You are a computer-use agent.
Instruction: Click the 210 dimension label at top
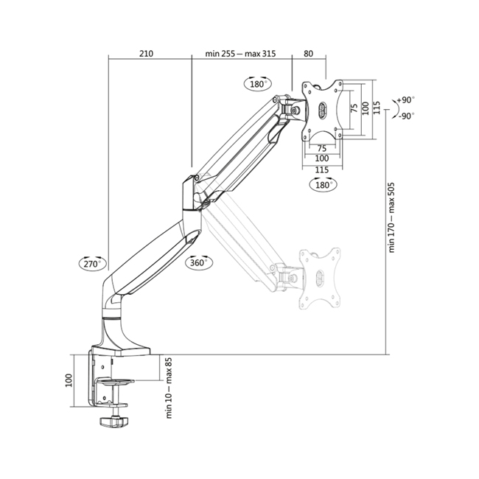pyautogui.click(x=146, y=54)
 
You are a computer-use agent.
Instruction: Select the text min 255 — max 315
pyautogui.click(x=240, y=54)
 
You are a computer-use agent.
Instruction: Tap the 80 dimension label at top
pyautogui.click(x=308, y=54)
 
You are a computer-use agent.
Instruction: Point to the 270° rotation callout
pyautogui.click(x=92, y=263)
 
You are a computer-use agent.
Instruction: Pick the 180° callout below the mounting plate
pyautogui.click(x=324, y=184)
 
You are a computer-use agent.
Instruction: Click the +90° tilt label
pyautogui.click(x=406, y=100)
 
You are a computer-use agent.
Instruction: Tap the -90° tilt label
pyautogui.click(x=407, y=116)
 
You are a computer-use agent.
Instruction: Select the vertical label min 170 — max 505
pyautogui.click(x=391, y=217)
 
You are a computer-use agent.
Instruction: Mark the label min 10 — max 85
pyautogui.click(x=169, y=388)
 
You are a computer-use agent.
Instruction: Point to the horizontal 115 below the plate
pyautogui.click(x=322, y=169)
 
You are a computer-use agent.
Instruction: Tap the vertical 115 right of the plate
pyautogui.click(x=377, y=108)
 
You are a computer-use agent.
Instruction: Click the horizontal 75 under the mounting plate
pyautogui.click(x=322, y=148)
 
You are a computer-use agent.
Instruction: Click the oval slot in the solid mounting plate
pyautogui.click(x=323, y=109)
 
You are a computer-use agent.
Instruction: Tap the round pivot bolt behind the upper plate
pyautogui.click(x=295, y=110)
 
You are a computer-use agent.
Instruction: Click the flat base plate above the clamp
pyautogui.click(x=121, y=350)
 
